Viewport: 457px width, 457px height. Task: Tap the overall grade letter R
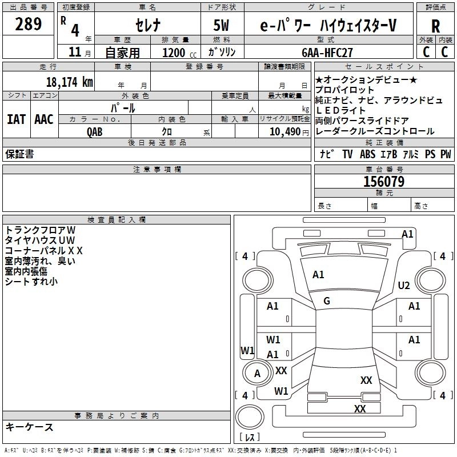click(x=435, y=26)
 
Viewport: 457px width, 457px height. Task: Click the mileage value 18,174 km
click(x=69, y=82)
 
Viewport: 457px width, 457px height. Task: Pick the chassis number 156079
click(x=383, y=182)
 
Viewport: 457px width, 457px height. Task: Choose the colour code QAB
click(x=95, y=131)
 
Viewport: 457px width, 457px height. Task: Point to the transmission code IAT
click(x=17, y=119)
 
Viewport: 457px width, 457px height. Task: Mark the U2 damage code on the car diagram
click(x=404, y=286)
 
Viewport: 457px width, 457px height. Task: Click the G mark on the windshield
click(x=326, y=300)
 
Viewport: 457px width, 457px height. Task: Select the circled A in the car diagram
click(x=257, y=373)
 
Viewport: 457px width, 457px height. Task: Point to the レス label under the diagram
click(x=250, y=438)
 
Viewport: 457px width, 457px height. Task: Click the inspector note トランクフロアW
click(x=36, y=230)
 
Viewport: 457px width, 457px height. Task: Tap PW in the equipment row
click(x=446, y=154)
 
